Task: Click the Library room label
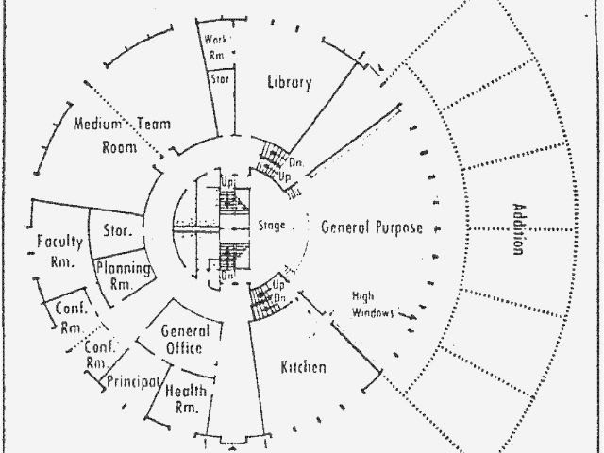tap(289, 82)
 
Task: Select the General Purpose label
tap(371, 227)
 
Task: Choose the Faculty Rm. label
tap(59, 251)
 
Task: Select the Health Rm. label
tap(186, 398)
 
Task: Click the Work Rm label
tap(215, 47)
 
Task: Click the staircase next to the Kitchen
tap(264, 301)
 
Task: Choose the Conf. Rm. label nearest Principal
tap(96, 354)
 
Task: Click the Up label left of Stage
tap(227, 180)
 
